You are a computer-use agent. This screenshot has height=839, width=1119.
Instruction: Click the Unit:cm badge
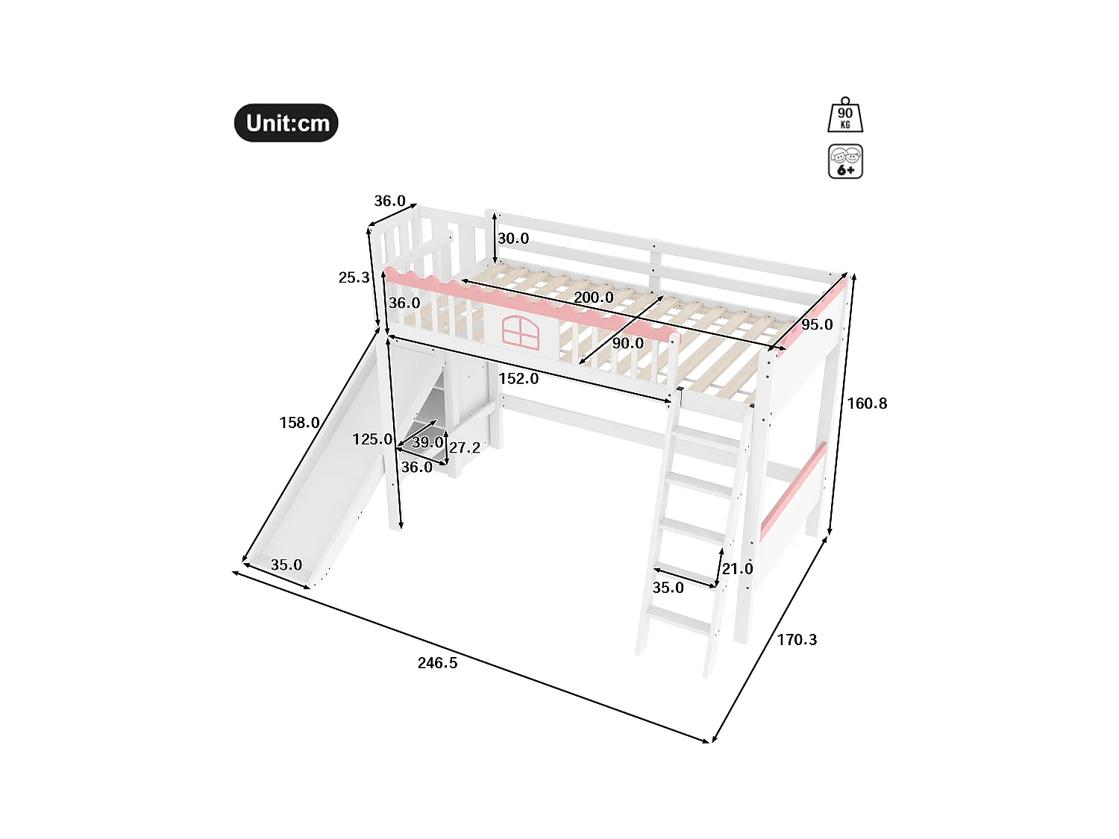[286, 123]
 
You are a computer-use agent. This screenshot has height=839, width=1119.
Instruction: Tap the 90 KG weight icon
[845, 116]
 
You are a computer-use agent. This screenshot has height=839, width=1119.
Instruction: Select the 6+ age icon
[845, 161]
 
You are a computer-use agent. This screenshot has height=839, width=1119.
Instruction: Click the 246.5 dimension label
[437, 663]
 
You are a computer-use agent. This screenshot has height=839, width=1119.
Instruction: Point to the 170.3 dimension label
[797, 640]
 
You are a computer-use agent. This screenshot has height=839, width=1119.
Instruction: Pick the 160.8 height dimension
[867, 403]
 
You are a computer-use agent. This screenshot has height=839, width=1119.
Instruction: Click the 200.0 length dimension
[594, 298]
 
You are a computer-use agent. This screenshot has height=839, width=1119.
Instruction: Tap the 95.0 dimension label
[817, 324]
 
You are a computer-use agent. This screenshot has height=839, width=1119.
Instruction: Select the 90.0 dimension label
[627, 343]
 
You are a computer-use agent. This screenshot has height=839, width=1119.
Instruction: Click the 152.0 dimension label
[518, 379]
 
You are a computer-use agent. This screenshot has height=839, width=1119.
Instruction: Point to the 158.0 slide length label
[299, 423]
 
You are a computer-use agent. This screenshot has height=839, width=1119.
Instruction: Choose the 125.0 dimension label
[372, 439]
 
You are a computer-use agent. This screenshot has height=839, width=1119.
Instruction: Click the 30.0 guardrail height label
[513, 239]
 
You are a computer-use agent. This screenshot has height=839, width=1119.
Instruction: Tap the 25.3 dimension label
[354, 277]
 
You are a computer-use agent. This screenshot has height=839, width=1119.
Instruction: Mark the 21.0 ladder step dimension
[738, 569]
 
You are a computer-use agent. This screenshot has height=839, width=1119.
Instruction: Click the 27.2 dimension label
[465, 447]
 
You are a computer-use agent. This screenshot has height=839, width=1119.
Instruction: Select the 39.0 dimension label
[427, 442]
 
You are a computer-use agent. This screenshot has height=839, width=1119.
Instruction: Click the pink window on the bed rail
[520, 331]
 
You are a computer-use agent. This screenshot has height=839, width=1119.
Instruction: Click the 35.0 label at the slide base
[286, 565]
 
